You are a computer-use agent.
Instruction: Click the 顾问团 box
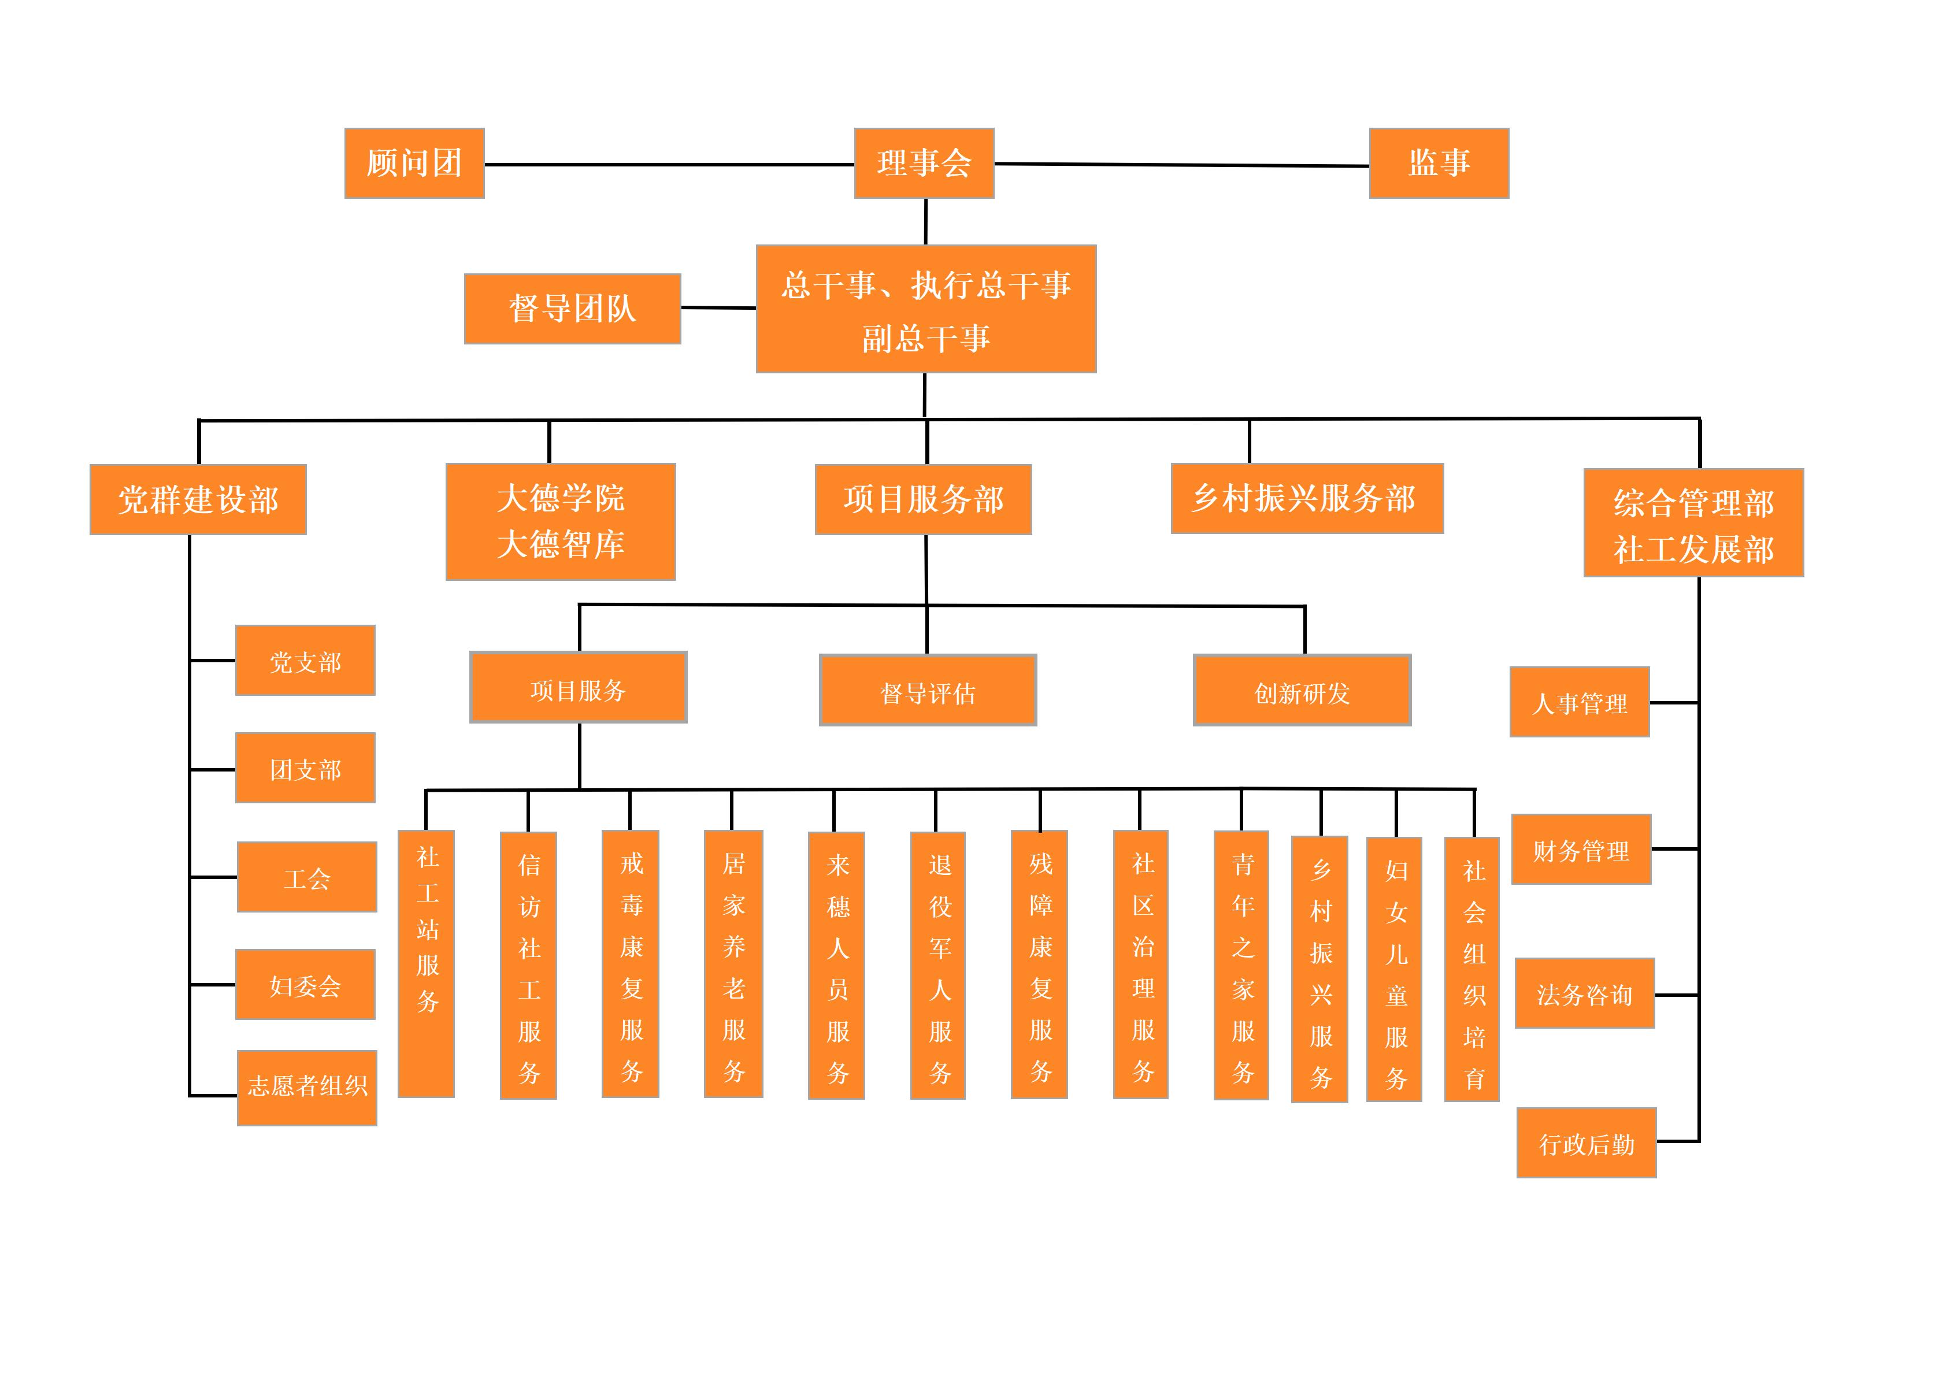(414, 164)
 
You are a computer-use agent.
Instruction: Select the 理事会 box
(924, 164)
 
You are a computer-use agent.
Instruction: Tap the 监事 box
(1439, 164)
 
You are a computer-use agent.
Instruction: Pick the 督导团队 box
(572, 309)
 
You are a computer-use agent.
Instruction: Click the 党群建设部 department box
(198, 500)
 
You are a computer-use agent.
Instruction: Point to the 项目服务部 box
(923, 500)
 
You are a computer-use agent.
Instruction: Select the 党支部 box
(305, 661)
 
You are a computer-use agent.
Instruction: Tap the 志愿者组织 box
(307, 1088)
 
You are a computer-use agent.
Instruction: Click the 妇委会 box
(305, 985)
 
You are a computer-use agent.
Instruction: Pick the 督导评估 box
(927, 691)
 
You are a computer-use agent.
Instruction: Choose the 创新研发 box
(1302, 691)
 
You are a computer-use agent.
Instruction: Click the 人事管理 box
(1579, 702)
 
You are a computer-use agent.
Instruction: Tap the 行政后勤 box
(1586, 1143)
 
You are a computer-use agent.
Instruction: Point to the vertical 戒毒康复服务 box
(631, 964)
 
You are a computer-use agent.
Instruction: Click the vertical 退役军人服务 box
(938, 966)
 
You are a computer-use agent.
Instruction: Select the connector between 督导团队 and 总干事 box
(718, 307)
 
